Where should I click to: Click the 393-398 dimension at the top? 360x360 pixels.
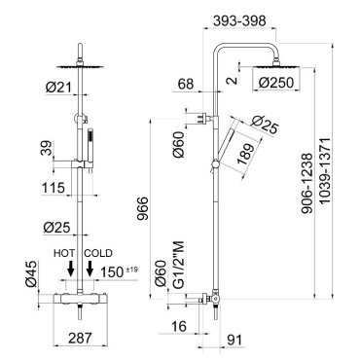point(239,20)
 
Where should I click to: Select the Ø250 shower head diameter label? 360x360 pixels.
point(276,83)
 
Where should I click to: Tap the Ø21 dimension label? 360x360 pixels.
point(58,87)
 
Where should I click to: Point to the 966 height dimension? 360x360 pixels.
point(142,208)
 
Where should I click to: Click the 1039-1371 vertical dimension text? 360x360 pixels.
point(324,170)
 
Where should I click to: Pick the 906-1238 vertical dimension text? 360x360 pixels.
point(306,183)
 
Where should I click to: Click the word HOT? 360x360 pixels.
point(64,253)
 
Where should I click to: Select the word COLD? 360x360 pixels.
point(98,253)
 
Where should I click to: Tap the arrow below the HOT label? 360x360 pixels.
point(70,269)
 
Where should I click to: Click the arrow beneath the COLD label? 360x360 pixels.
point(90,269)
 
